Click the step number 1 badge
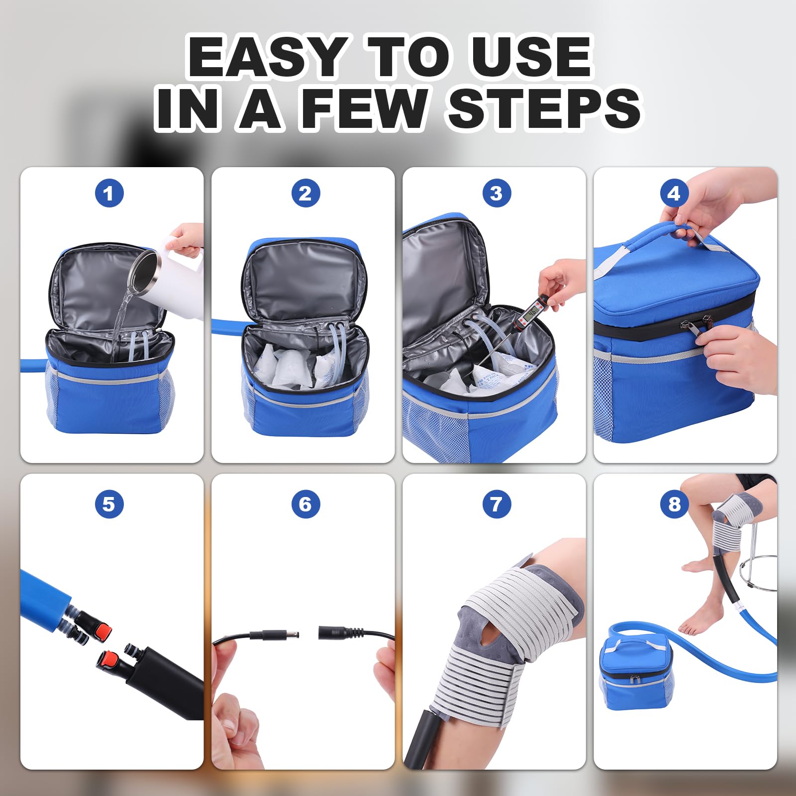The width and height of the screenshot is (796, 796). click(109, 193)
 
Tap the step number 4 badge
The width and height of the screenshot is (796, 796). click(674, 193)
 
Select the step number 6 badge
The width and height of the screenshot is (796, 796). click(305, 504)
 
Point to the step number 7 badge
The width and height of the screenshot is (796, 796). click(496, 504)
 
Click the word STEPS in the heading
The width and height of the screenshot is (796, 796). click(544, 108)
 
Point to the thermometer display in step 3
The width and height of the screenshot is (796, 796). click(532, 312)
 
